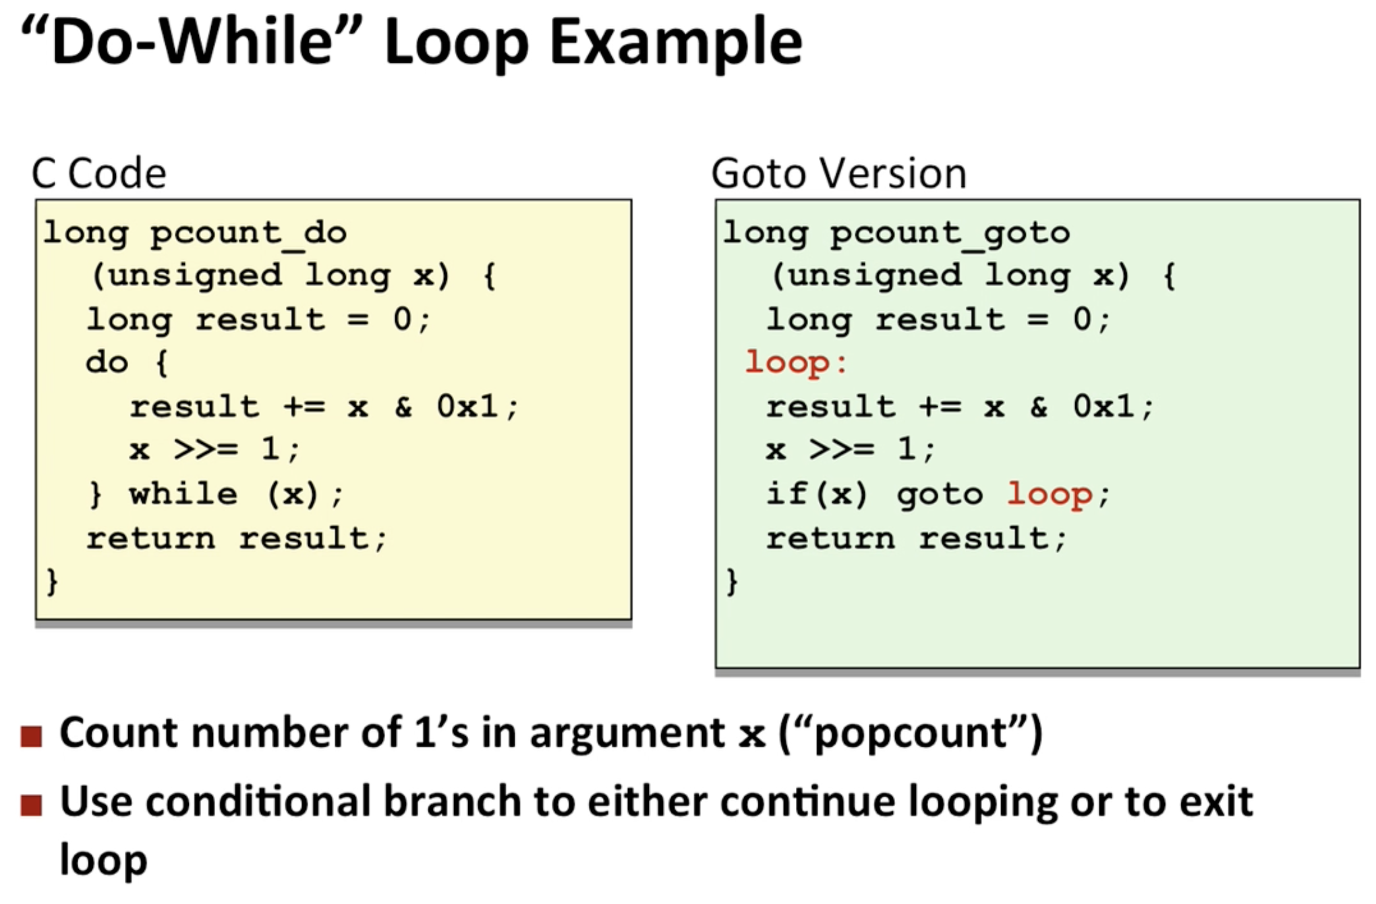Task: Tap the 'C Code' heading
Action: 98,174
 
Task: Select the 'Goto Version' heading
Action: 839,174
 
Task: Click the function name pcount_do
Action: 248,234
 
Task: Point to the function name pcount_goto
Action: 950,234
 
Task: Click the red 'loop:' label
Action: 796,363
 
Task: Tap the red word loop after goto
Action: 1050,495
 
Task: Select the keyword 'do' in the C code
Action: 107,363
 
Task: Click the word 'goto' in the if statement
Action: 940,496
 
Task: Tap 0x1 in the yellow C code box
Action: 467,406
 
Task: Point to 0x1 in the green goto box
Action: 1104,406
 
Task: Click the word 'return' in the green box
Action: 830,538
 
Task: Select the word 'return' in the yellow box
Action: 150,538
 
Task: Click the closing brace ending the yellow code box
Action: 52,582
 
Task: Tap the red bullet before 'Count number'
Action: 31,736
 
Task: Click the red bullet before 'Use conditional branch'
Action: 31,805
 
